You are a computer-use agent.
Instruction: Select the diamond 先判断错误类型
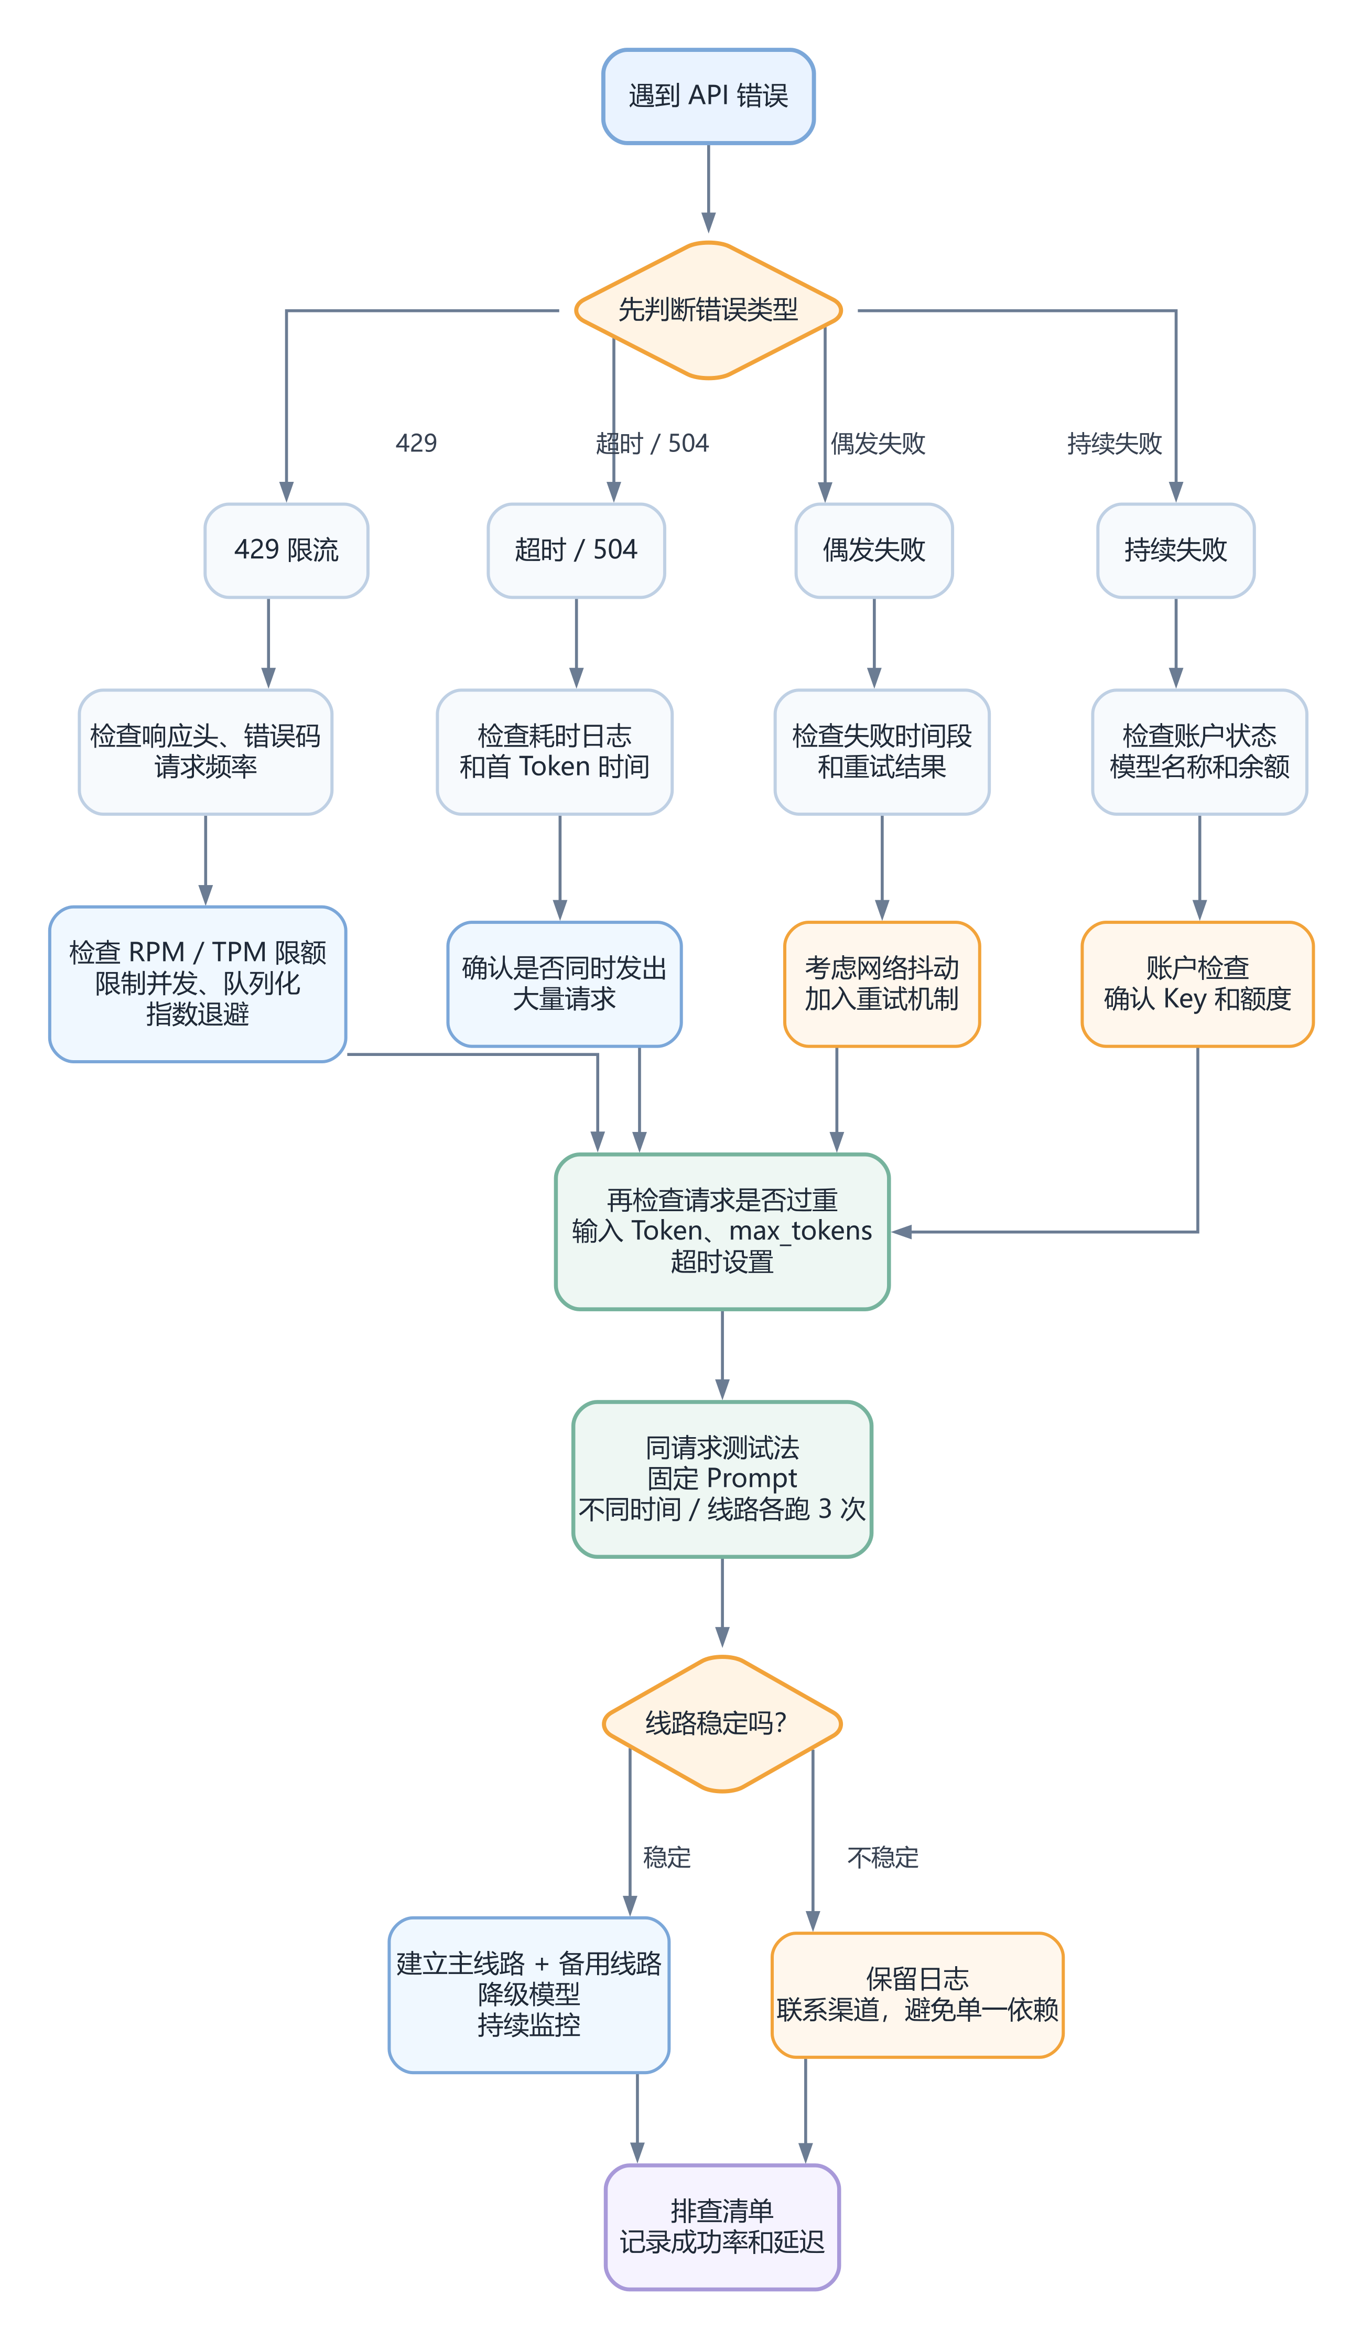(x=708, y=310)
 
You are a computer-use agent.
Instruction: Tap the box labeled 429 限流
(x=286, y=551)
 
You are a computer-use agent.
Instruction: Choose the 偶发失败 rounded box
(x=874, y=551)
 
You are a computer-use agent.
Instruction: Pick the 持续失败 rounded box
(x=1175, y=551)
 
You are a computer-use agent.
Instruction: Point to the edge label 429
(x=416, y=443)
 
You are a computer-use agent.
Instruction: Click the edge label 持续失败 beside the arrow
(x=1114, y=443)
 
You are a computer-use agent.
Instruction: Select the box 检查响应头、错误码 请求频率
(x=205, y=752)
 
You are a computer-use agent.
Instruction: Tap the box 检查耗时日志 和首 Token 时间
(x=554, y=752)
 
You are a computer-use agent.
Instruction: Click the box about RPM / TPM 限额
(x=198, y=984)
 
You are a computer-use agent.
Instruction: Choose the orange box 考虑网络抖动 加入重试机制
(x=882, y=984)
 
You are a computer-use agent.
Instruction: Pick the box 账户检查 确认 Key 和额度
(x=1198, y=984)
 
